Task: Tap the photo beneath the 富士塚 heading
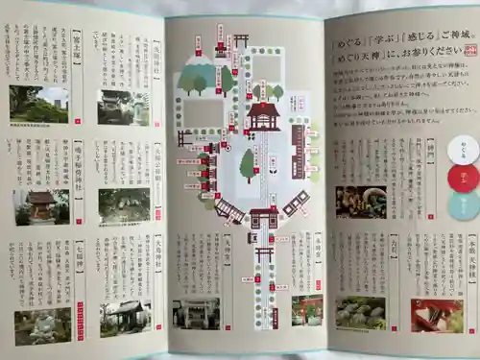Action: (x=39, y=103)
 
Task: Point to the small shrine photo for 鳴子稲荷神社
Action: (x=40, y=205)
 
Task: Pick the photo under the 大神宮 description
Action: (x=196, y=312)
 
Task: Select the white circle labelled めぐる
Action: (x=463, y=149)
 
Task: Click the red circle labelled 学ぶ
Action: (x=463, y=177)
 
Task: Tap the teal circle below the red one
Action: (x=463, y=204)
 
